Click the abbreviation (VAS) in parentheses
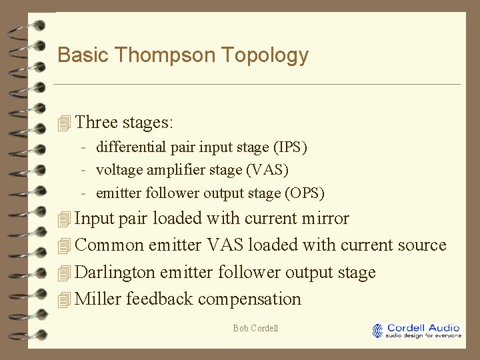267,170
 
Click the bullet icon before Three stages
64,123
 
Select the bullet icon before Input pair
64,219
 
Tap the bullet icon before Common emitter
64,245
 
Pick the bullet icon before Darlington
64,273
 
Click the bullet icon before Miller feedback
64,299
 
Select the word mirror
325,219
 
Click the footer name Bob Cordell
255,328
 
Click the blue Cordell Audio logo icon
378,331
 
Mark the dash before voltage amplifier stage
85,170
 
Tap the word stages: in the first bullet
148,123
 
